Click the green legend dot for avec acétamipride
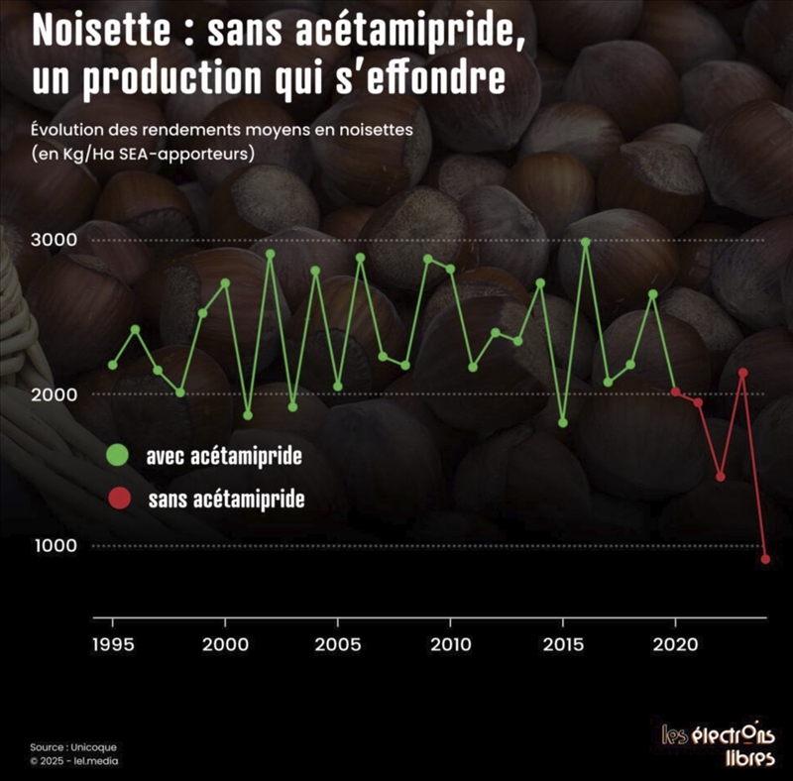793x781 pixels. [x=118, y=456]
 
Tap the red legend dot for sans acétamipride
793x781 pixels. [x=118, y=499]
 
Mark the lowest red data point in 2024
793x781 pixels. [x=765, y=559]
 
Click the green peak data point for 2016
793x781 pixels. [x=586, y=242]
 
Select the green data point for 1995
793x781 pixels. [x=113, y=365]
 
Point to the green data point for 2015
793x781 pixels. [x=563, y=422]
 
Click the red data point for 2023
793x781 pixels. [x=743, y=373]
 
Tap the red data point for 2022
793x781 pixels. [x=721, y=477]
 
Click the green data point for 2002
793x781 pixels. [x=270, y=254]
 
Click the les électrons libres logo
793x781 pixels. [x=720, y=745]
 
